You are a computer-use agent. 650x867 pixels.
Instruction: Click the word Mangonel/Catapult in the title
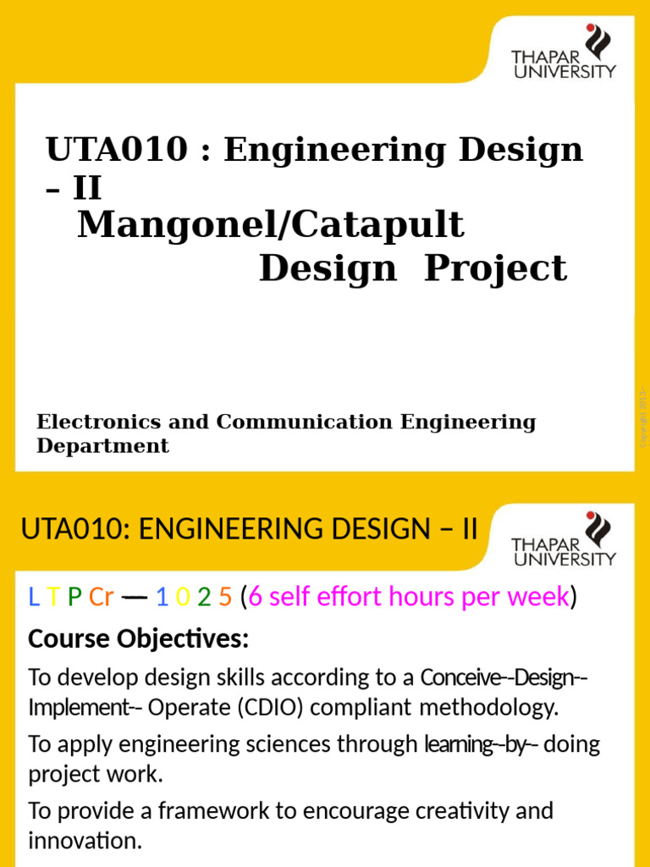coord(271,226)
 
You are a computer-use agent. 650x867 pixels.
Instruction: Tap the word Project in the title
coord(495,268)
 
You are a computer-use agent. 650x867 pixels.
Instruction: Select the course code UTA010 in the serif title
coord(117,151)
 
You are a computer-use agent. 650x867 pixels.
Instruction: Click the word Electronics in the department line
coord(94,422)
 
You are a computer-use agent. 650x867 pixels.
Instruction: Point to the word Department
coord(102,446)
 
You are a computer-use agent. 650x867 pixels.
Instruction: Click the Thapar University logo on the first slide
coord(564,52)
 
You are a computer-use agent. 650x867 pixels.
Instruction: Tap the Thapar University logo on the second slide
coord(564,539)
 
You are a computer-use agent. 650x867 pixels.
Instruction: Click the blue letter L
coord(33,598)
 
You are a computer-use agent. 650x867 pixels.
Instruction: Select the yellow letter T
coord(52,598)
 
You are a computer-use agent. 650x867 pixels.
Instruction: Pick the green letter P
coord(74,598)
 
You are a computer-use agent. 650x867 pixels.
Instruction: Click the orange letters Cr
coord(101,598)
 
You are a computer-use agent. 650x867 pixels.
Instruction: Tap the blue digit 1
coord(162,598)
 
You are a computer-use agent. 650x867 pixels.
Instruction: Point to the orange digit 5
coord(224,598)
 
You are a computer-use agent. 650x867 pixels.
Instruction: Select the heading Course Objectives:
coord(138,640)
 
